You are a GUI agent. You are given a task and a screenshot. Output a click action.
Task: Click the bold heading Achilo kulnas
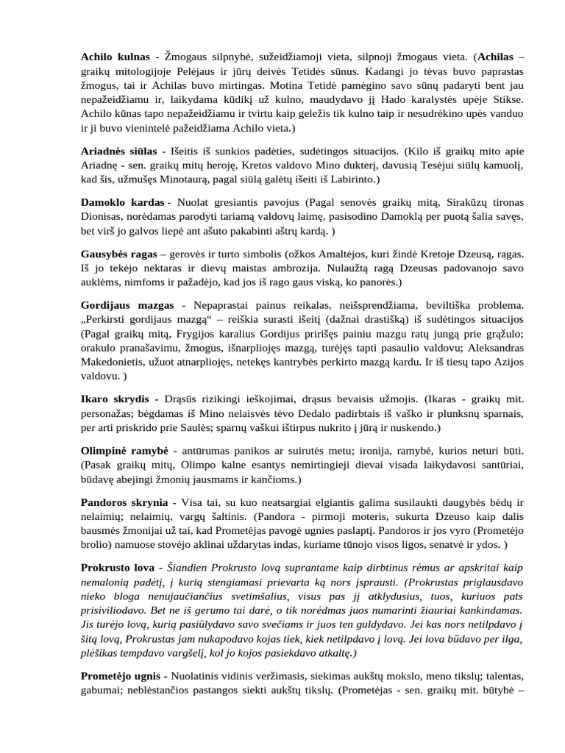click(115, 57)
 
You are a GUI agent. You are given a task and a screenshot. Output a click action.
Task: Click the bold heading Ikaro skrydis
click(114, 400)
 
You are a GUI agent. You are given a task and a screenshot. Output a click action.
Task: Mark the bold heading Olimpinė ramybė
click(124, 449)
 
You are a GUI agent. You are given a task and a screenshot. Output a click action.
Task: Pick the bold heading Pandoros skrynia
click(124, 502)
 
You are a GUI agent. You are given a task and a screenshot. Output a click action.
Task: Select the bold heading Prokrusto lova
click(117, 568)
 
